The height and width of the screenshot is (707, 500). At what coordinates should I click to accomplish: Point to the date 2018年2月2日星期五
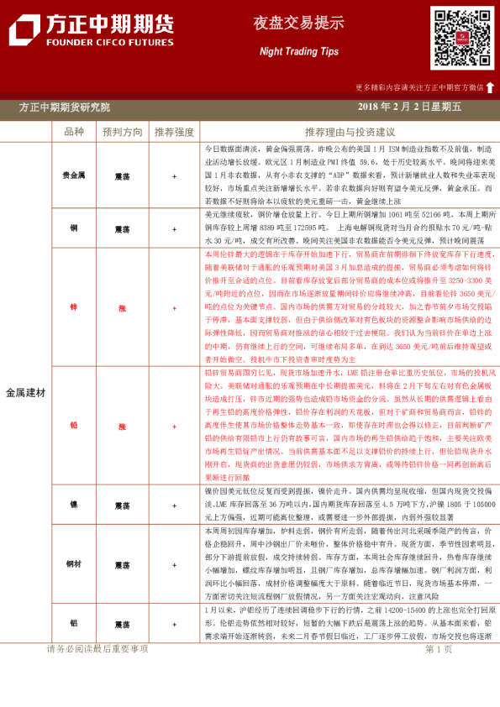click(408, 107)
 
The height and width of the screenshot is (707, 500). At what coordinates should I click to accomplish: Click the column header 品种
click(74, 132)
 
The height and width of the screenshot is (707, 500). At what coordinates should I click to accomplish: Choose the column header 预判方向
click(123, 132)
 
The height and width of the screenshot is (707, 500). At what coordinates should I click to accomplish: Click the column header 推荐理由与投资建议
click(350, 132)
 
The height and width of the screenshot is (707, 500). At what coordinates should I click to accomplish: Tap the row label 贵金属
click(74, 176)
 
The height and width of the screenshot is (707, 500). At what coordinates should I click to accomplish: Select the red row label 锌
click(74, 308)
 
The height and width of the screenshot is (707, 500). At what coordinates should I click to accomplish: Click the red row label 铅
click(74, 425)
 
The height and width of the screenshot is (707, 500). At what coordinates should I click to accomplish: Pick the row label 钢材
click(74, 565)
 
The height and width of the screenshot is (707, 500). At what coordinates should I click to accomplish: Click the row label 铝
click(74, 625)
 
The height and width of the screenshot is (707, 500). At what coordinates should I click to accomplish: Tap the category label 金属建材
click(26, 392)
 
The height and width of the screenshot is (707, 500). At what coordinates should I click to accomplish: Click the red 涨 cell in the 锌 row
click(123, 308)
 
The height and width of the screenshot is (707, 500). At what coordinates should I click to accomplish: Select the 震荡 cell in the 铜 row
click(123, 228)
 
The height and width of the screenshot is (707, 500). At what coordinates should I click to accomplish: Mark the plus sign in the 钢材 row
click(175, 565)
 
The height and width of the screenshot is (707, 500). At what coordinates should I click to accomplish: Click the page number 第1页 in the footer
click(439, 648)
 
